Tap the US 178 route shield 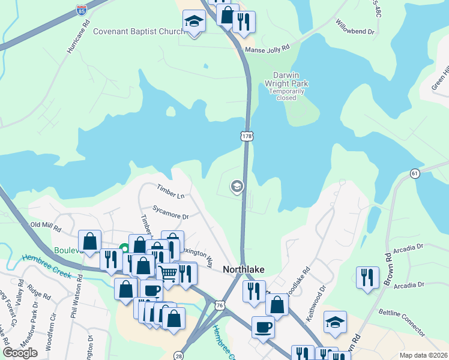247,137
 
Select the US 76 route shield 220,306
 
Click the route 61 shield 415,173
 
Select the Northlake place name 244,270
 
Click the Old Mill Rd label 46,226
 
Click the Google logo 20,353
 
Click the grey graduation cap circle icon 237,187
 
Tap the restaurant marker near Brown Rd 367,277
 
